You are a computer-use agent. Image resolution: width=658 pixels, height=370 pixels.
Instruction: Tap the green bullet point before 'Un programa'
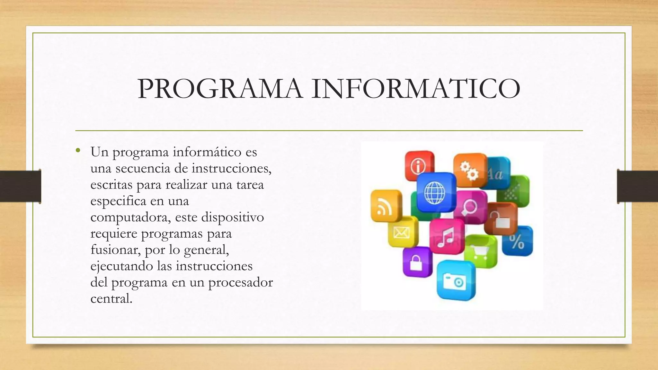(77, 150)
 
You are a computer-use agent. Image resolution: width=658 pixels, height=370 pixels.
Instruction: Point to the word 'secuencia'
(143, 168)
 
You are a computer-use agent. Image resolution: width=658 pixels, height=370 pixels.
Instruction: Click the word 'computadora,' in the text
(130, 217)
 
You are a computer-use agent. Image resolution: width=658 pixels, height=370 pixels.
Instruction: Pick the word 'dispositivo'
(232, 217)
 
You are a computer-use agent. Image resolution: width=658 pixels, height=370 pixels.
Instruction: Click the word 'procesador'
(240, 283)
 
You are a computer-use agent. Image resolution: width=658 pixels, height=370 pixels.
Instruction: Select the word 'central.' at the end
(111, 299)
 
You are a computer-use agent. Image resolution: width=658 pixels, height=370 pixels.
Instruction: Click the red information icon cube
(419, 166)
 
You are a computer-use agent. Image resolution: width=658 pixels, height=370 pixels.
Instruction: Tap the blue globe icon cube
(436, 192)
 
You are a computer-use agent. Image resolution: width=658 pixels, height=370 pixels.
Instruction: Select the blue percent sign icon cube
(517, 241)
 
